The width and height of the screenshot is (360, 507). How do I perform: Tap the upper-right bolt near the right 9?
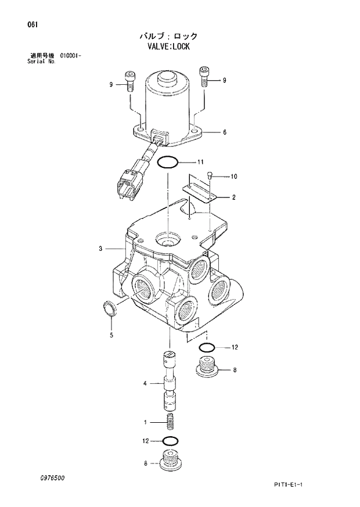click(x=204, y=75)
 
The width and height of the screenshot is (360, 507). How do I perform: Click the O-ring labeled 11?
click(x=168, y=162)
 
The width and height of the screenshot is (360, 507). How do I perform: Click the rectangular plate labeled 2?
click(x=199, y=192)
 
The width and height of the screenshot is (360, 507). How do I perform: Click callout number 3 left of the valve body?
click(x=100, y=249)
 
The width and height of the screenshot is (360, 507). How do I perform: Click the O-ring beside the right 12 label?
click(x=206, y=347)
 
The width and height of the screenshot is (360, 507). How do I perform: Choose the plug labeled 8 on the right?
click(x=206, y=368)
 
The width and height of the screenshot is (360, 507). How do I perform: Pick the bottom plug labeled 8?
click(x=170, y=462)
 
